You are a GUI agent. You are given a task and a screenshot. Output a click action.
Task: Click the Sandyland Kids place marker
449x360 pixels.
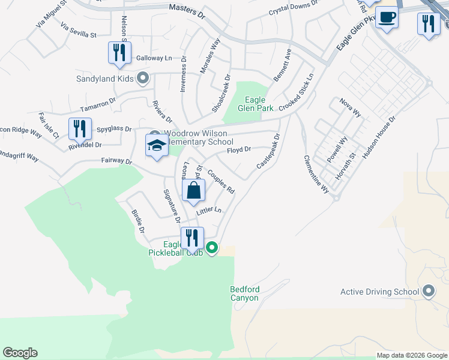pos(143,78)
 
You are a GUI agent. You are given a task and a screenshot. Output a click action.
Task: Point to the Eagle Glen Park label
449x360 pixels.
pos(259,104)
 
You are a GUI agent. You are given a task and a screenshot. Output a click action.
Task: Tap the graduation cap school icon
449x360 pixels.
pos(157,146)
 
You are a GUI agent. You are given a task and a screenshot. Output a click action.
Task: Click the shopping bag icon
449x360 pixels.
pos(193,191)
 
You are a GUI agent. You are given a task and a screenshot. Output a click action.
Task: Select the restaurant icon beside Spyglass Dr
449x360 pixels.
pos(80,128)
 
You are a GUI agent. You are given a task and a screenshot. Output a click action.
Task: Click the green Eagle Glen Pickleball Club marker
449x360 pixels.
pos(212,247)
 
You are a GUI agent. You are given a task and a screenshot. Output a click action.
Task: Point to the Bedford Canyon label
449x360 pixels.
pos(244,294)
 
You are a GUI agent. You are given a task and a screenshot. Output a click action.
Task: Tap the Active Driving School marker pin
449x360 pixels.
pos(428,292)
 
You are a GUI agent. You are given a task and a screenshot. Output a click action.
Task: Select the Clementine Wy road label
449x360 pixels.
pos(316,174)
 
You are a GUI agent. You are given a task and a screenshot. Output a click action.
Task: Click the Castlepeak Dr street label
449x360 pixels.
pos(268,151)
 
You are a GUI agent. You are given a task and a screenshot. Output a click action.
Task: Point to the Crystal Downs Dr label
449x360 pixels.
pos(293,8)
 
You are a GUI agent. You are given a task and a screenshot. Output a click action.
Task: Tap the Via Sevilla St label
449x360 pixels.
pos(79,31)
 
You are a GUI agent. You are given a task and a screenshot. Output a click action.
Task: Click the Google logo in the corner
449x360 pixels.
pos(20,353)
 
